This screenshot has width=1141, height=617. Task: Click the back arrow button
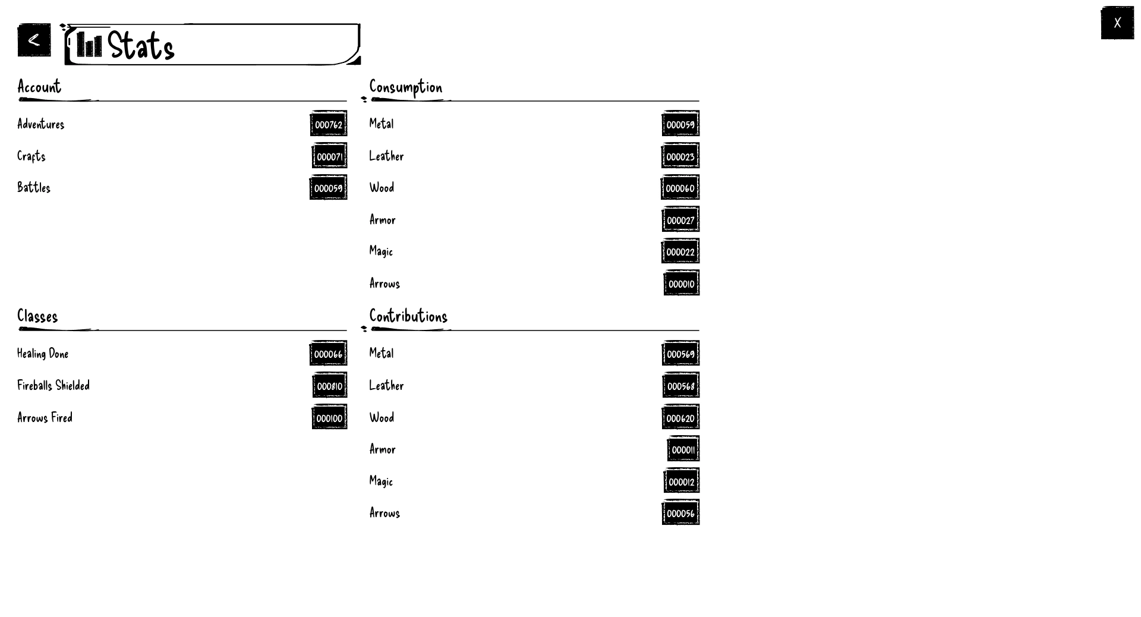click(34, 40)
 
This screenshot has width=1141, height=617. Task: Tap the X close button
click(1117, 23)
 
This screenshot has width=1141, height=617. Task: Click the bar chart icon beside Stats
click(89, 45)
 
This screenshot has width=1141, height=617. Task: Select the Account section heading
click(39, 87)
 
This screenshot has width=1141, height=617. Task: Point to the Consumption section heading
click(406, 87)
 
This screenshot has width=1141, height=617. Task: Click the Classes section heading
click(37, 316)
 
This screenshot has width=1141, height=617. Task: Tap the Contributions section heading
click(408, 316)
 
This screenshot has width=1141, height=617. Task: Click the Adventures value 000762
click(329, 124)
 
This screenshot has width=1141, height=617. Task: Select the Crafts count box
click(329, 156)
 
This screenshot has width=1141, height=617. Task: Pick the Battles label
click(34, 188)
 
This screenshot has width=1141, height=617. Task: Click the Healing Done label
click(43, 354)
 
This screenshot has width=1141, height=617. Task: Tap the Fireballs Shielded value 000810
click(330, 386)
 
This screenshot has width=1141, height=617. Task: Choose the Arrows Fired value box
click(329, 418)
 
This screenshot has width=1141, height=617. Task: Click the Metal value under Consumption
click(680, 124)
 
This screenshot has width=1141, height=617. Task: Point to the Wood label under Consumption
click(382, 188)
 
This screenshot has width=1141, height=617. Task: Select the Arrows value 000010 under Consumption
click(682, 284)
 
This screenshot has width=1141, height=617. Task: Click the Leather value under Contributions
click(681, 386)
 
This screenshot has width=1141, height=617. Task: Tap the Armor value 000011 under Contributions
click(683, 449)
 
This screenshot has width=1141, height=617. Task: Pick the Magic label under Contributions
click(381, 481)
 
